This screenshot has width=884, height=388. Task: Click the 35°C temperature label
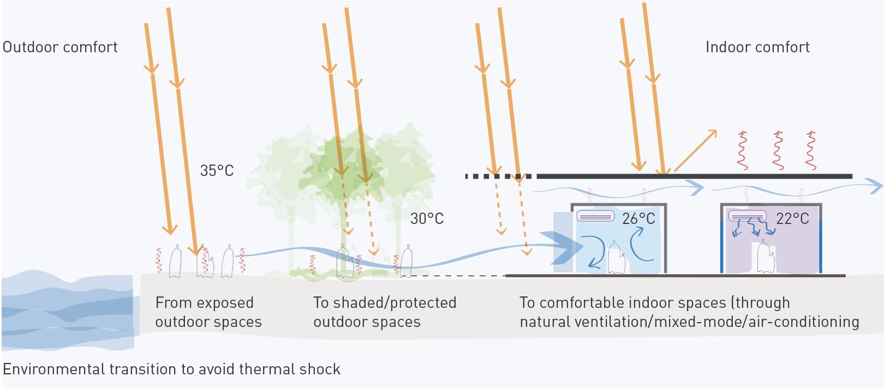tap(217, 171)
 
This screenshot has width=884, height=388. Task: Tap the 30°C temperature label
tap(427, 219)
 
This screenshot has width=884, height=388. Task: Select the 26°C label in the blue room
tap(638, 219)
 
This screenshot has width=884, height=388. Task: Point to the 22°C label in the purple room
tap(792, 219)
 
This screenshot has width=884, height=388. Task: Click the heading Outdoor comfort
tap(60, 47)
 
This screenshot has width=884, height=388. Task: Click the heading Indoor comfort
tap(757, 47)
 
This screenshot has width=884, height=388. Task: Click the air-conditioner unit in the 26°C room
tap(595, 216)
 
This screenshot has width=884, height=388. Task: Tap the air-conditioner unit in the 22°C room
tap(748, 216)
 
